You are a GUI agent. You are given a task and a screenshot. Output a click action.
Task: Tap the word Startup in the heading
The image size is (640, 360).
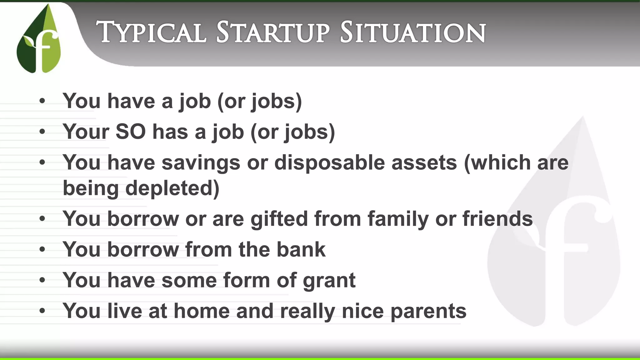[x=272, y=32]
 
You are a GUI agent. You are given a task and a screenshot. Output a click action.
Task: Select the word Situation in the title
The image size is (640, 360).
[x=412, y=32]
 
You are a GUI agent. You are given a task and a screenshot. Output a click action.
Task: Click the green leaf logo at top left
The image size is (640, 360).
[x=39, y=39]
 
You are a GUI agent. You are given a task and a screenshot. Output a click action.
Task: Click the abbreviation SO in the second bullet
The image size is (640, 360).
[x=130, y=132]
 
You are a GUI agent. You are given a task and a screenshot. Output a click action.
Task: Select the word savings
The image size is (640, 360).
[x=201, y=163]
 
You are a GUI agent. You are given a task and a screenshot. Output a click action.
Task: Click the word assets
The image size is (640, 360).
[x=424, y=163]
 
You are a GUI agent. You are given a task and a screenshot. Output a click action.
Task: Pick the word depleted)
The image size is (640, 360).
[x=172, y=188]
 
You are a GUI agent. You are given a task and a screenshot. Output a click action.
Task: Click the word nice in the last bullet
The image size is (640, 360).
[x=362, y=311]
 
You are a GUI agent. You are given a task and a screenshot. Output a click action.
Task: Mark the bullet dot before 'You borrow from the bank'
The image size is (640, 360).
[x=42, y=249]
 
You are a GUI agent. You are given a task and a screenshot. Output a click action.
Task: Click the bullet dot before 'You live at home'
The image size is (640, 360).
[x=42, y=311]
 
